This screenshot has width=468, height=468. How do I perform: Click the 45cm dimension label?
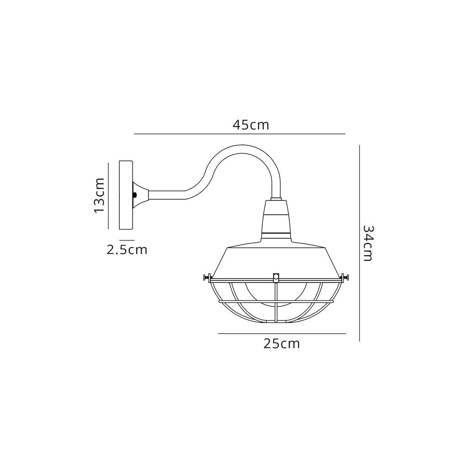coord(250,125)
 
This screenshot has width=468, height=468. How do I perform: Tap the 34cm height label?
coord(368,243)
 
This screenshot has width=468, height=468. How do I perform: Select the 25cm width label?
coord(282,344)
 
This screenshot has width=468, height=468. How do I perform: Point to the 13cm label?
coord(99,195)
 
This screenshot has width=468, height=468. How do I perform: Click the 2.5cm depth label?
coord(127,250)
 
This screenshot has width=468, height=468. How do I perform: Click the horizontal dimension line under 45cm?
coord(239,134)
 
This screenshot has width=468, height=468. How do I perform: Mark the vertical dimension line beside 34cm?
coord(360,243)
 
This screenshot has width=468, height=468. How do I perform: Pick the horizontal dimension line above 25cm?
coord(282,334)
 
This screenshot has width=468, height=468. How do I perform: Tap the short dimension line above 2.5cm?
coord(127,240)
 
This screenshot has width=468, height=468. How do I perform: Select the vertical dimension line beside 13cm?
coord(108,195)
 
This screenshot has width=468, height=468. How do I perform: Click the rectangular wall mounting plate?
coord(126,195)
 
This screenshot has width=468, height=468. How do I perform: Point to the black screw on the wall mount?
coord(134,195)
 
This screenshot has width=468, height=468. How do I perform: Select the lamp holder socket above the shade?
coord(276,219)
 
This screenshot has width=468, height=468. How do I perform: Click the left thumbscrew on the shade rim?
coord(206,277)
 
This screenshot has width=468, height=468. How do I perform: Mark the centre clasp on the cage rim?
coord(276,277)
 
